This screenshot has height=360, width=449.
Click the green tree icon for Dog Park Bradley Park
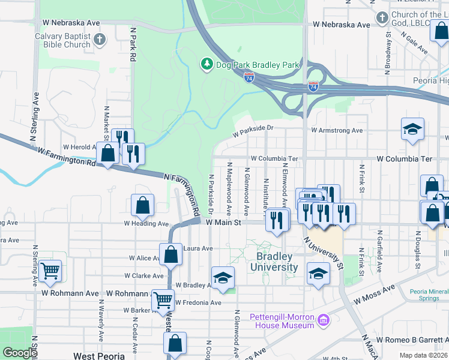[206, 64]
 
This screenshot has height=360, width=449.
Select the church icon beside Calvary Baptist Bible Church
[100, 40]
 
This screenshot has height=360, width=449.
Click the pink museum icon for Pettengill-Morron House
[324, 320]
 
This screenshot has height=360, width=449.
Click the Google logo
[19, 353]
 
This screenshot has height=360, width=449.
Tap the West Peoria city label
[98, 356]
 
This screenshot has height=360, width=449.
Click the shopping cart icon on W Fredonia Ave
[163, 300]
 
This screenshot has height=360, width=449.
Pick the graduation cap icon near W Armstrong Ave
[412, 129]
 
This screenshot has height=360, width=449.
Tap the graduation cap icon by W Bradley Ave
[223, 278]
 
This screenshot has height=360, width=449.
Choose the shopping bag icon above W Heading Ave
[143, 206]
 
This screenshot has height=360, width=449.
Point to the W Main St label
[223, 222]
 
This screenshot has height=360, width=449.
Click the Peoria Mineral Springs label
[429, 295]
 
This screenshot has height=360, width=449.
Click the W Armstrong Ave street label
[337, 130]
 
